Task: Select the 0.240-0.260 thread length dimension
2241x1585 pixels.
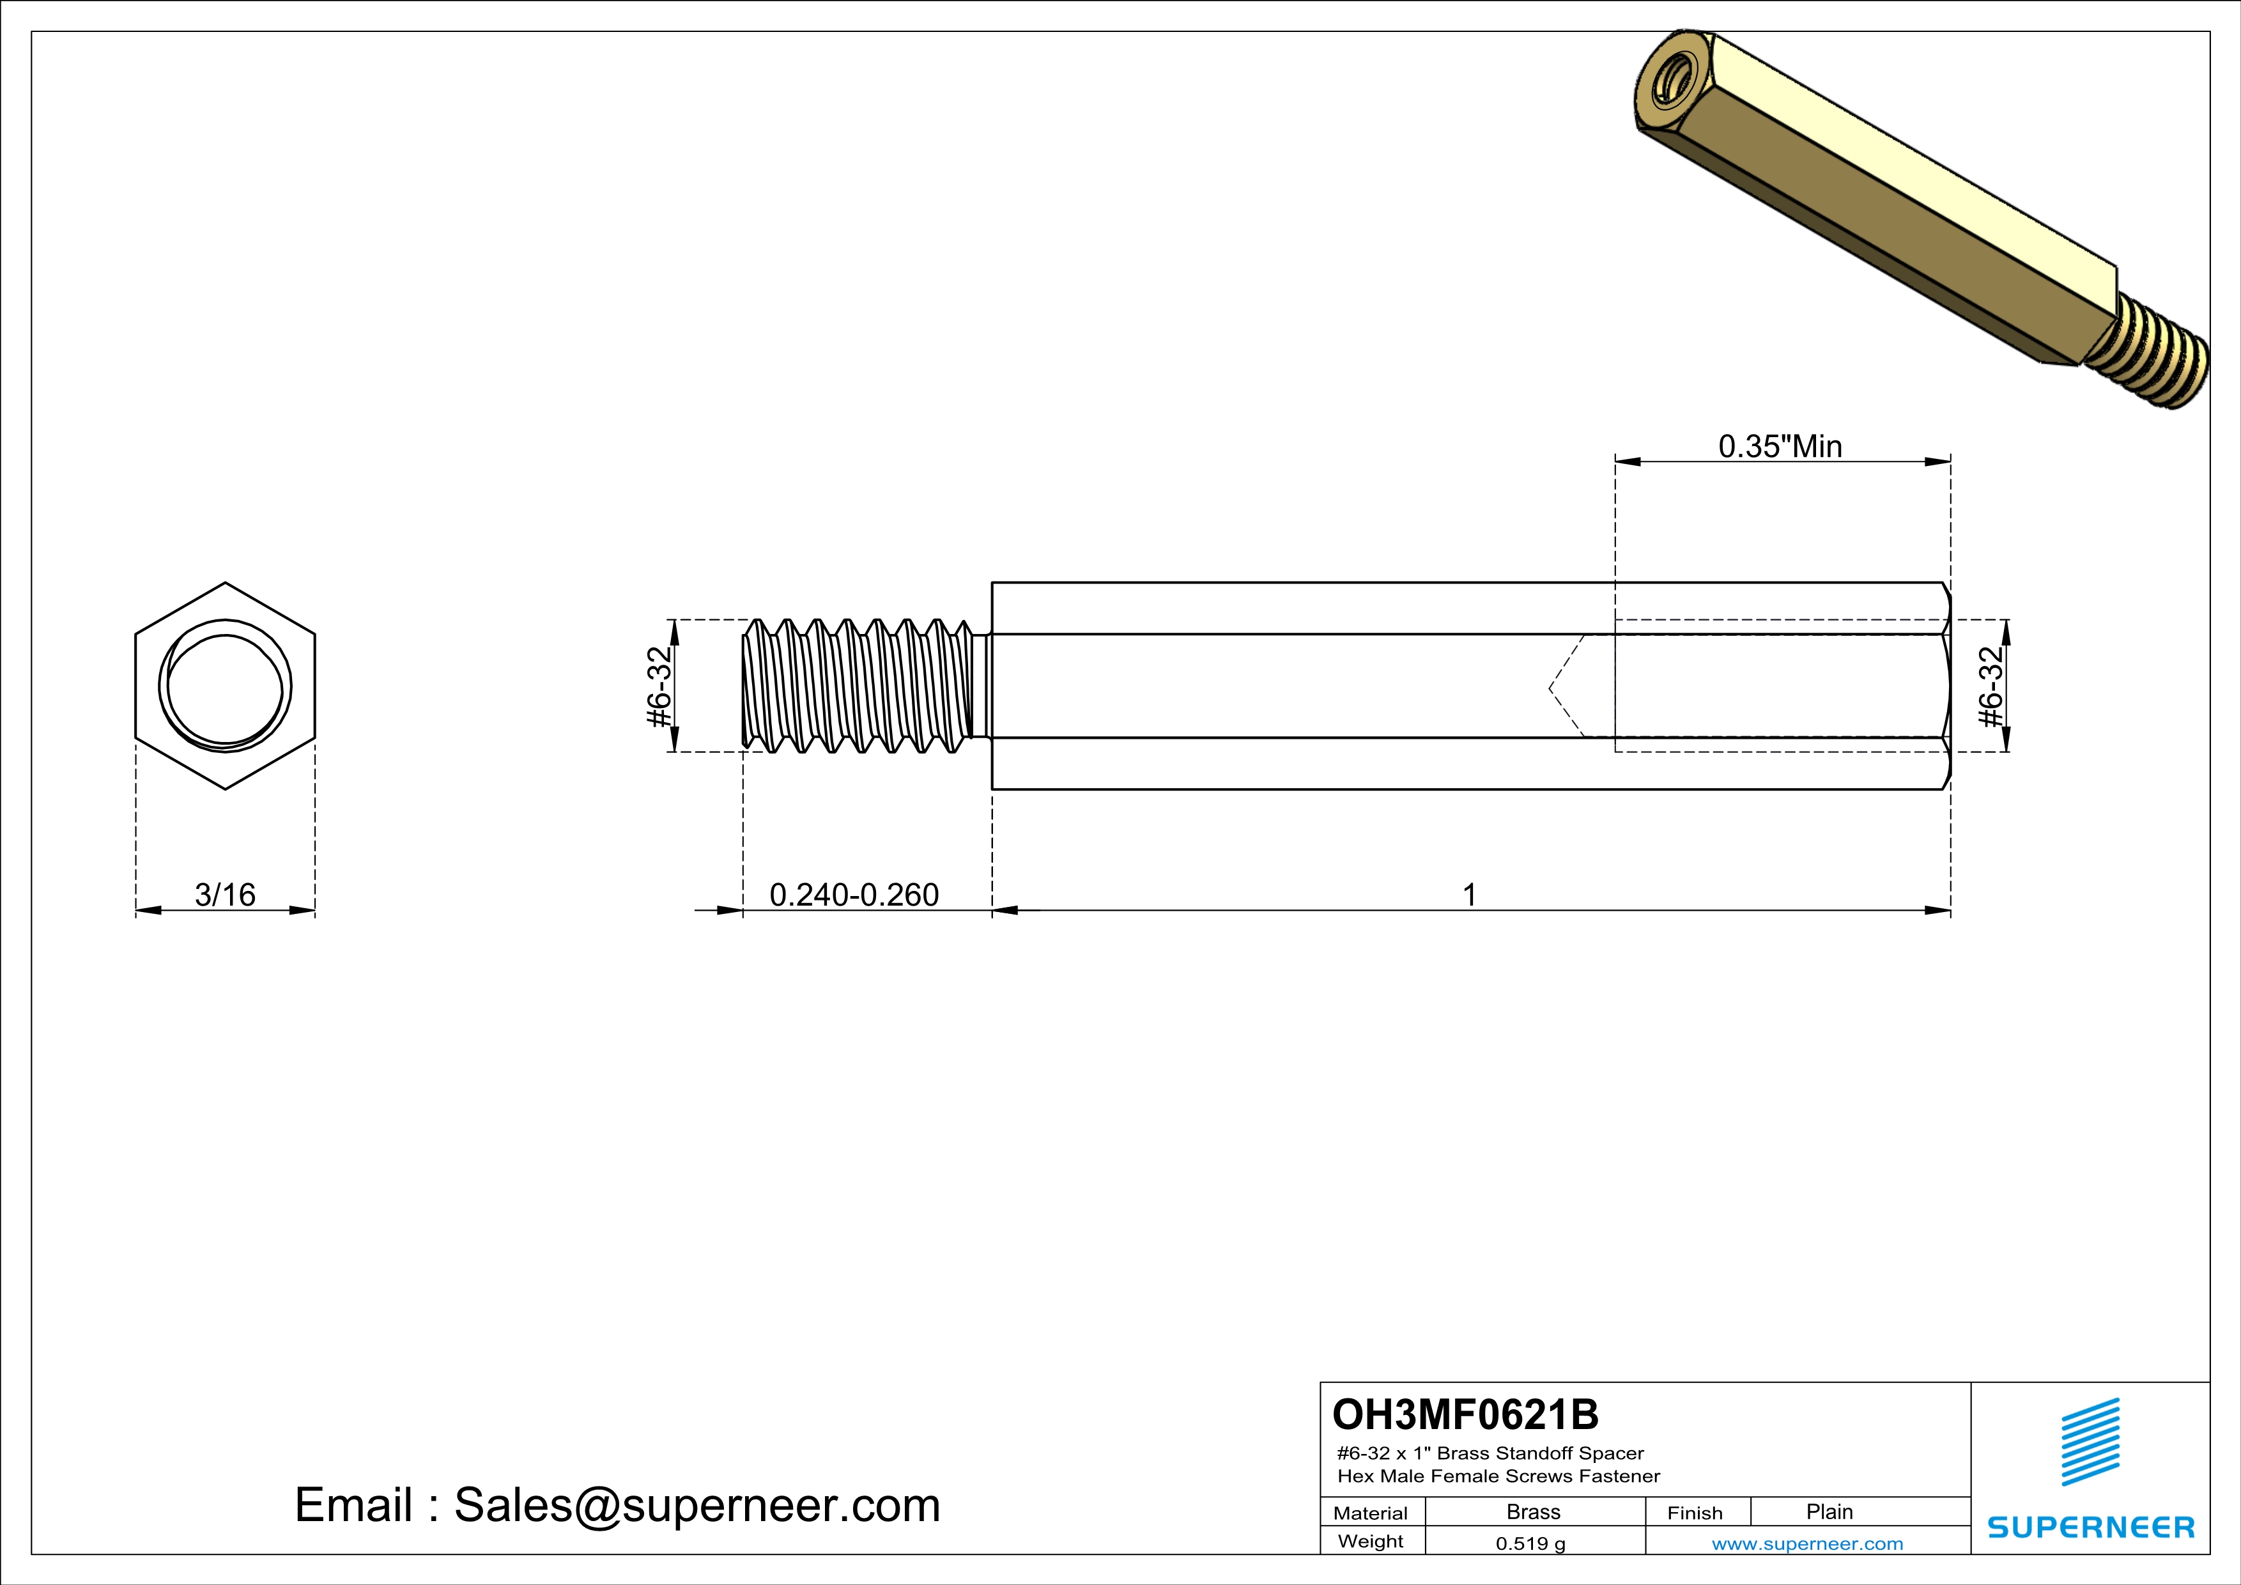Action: tap(854, 895)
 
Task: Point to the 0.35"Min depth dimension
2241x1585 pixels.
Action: tap(1780, 447)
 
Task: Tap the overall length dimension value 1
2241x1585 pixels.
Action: tap(1469, 895)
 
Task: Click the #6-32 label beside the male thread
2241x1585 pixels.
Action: tap(661, 687)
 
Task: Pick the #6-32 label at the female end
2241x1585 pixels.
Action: tap(1991, 687)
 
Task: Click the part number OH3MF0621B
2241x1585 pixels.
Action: tap(1465, 1414)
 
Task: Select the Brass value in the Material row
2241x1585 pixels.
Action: tap(1534, 1512)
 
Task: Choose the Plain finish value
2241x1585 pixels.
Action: tap(1829, 1512)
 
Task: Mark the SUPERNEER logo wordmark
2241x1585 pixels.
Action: tap(2091, 1527)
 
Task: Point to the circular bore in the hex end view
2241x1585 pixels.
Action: tap(226, 688)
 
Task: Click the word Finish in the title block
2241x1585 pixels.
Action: tap(1695, 1513)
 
